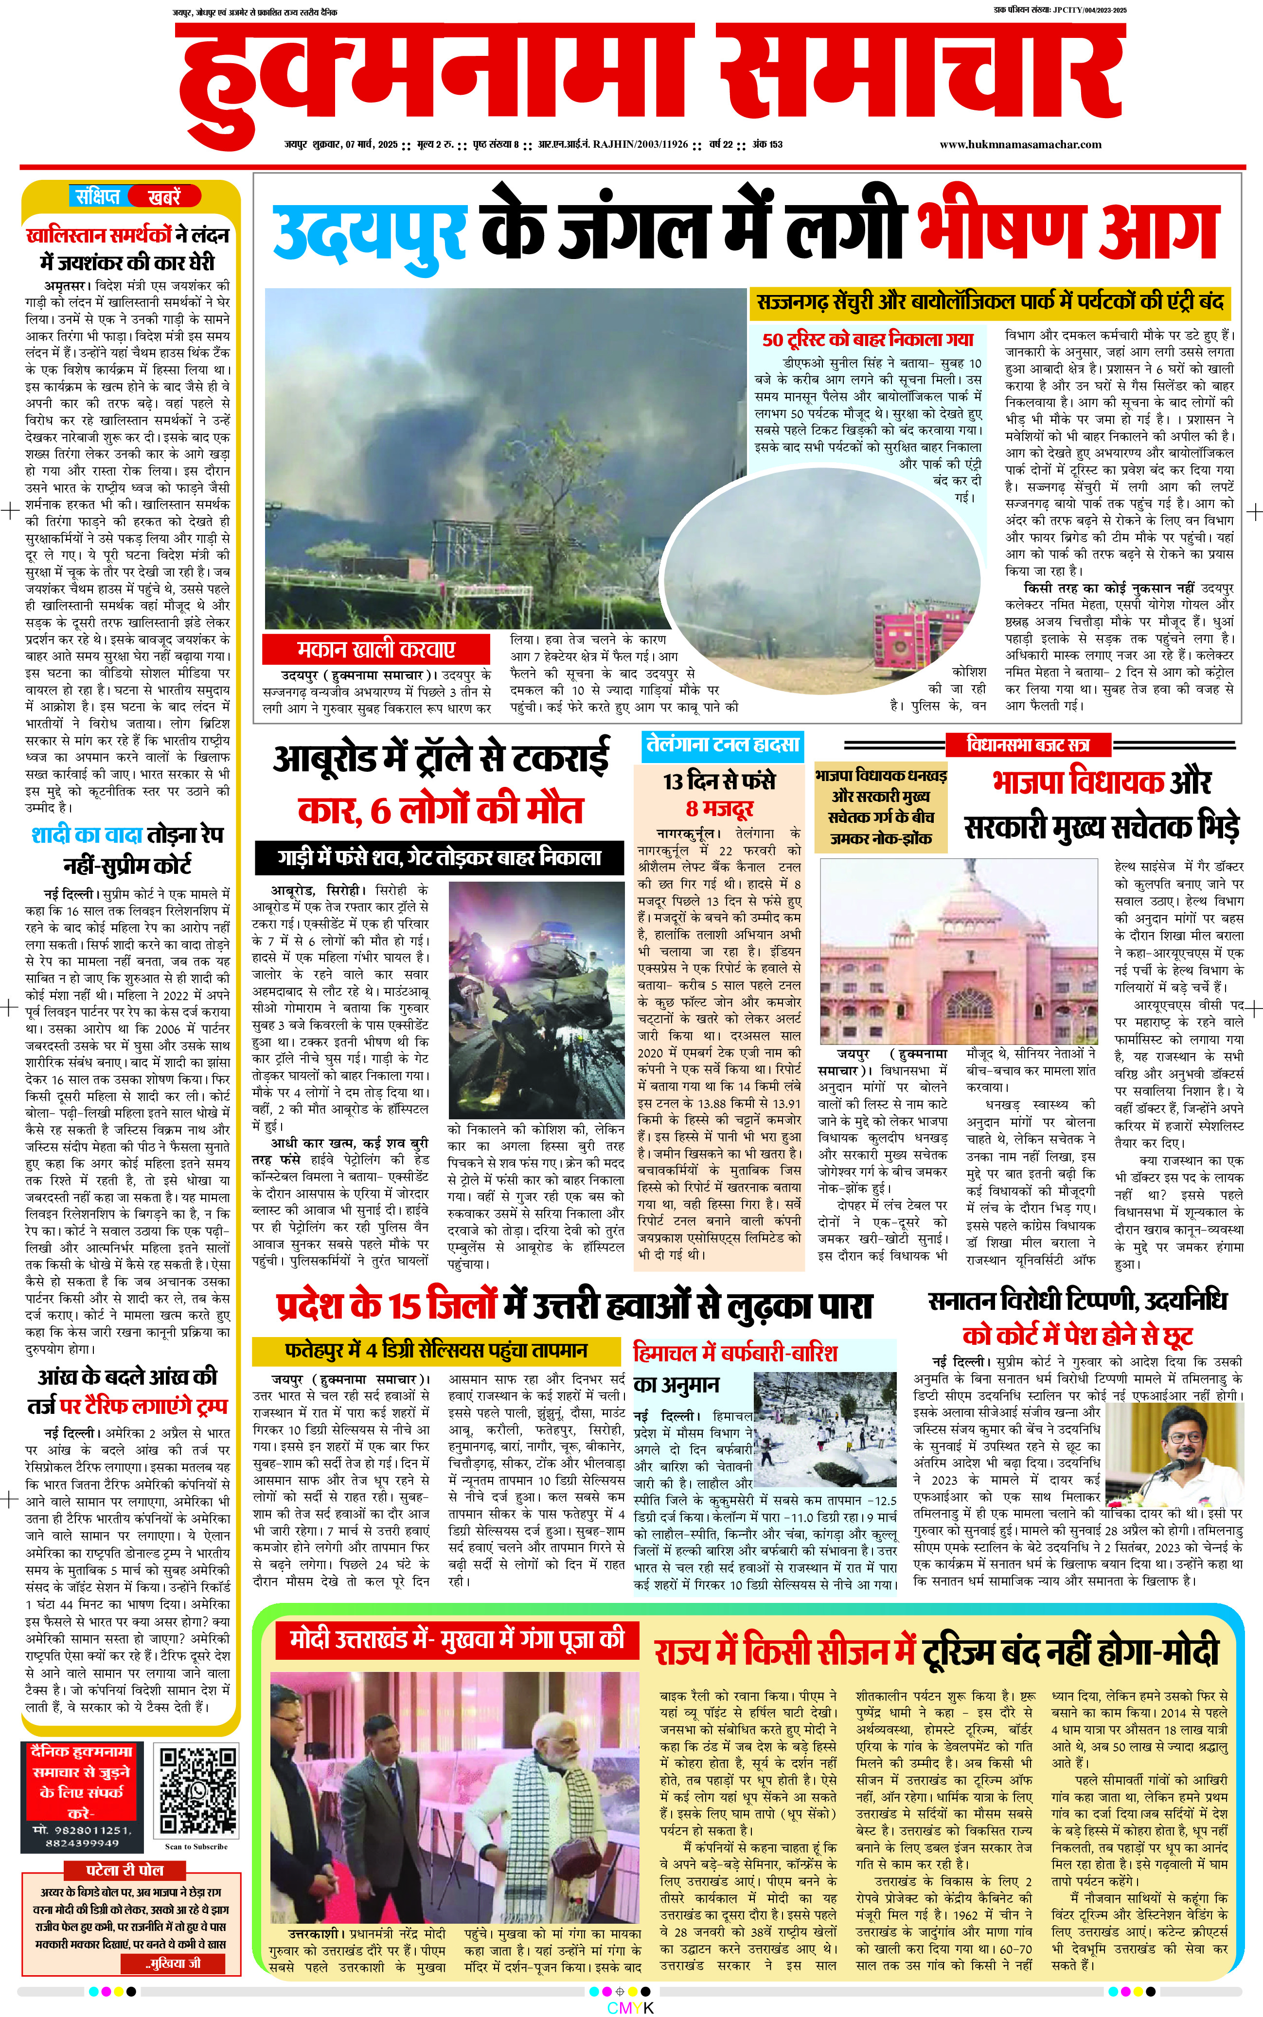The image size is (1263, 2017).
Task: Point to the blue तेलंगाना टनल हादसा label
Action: tap(723, 744)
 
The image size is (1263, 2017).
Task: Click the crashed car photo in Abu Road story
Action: tap(535, 1001)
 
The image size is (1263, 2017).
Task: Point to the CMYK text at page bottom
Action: tap(631, 2008)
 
